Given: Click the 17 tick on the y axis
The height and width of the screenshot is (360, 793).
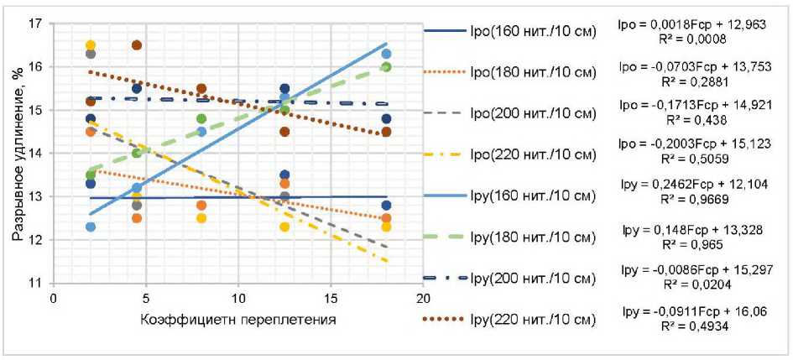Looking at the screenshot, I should pos(36,23).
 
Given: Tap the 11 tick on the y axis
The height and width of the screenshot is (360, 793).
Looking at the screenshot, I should pos(36,284).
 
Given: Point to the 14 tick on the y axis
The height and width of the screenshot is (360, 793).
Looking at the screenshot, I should pos(36,154).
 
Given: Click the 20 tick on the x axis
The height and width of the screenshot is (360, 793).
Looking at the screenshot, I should pos(423,298).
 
